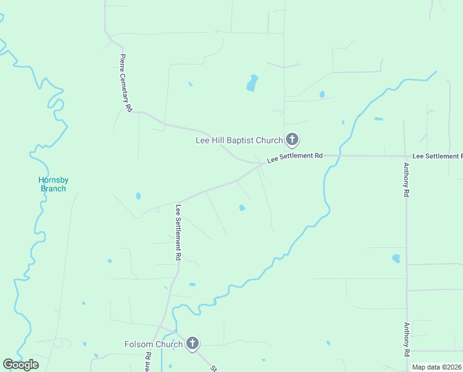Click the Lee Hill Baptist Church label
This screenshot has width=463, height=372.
(x=239, y=140)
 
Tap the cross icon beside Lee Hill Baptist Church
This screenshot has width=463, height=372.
(x=293, y=140)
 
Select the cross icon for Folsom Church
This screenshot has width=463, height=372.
(x=193, y=343)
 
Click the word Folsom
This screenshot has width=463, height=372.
(x=139, y=344)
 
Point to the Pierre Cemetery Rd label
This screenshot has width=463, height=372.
(x=126, y=82)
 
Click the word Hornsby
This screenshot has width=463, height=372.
(x=53, y=180)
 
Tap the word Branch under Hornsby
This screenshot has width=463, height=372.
(x=53, y=188)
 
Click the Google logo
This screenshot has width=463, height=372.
(x=20, y=365)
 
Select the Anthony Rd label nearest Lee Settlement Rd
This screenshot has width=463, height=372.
(x=406, y=180)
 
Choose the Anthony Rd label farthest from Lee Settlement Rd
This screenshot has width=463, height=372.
(x=406, y=339)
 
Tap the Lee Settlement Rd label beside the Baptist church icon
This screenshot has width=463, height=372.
(x=295, y=157)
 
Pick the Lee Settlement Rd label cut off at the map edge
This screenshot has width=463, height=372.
(x=437, y=156)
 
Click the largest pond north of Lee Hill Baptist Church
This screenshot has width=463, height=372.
(x=252, y=83)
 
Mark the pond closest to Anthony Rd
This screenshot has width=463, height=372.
(x=396, y=258)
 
